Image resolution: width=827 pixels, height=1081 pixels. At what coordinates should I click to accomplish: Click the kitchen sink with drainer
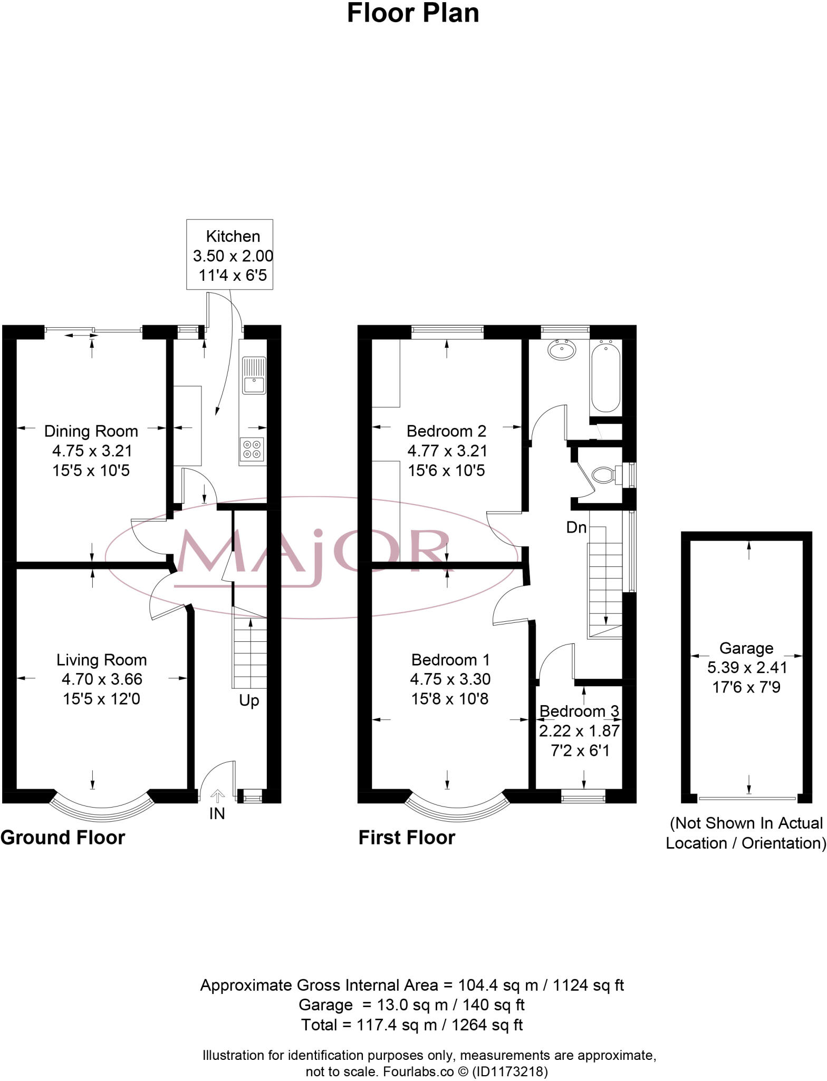click(x=254, y=375)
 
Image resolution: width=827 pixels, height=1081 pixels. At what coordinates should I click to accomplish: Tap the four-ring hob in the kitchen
click(x=251, y=449)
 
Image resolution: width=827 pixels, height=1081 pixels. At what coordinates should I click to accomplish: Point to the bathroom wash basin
click(x=562, y=349)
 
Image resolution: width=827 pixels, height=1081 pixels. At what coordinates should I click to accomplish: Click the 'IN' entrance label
click(x=217, y=813)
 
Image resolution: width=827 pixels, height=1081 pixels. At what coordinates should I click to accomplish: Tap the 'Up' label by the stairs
click(x=249, y=700)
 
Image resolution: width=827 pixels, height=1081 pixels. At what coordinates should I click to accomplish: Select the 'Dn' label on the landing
click(x=576, y=527)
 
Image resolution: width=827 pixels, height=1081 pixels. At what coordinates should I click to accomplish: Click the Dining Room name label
click(x=91, y=431)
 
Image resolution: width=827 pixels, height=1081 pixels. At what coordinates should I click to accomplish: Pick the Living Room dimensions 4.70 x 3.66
click(x=102, y=679)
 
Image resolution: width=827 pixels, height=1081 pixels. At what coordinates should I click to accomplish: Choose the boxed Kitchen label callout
click(x=230, y=255)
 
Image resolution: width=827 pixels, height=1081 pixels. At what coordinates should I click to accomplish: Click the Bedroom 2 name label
click(x=446, y=431)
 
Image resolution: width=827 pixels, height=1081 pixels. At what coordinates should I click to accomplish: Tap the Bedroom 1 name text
click(x=450, y=660)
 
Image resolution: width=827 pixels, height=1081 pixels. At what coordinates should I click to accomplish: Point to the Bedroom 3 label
click(x=579, y=712)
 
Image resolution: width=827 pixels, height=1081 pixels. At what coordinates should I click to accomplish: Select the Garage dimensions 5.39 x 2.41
click(x=747, y=668)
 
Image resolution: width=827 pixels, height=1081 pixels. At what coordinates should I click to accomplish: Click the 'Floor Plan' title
click(x=413, y=14)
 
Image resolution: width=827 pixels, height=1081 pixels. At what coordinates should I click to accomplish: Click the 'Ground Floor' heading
click(x=63, y=838)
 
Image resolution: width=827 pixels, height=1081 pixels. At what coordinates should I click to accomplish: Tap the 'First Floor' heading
click(x=407, y=838)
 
